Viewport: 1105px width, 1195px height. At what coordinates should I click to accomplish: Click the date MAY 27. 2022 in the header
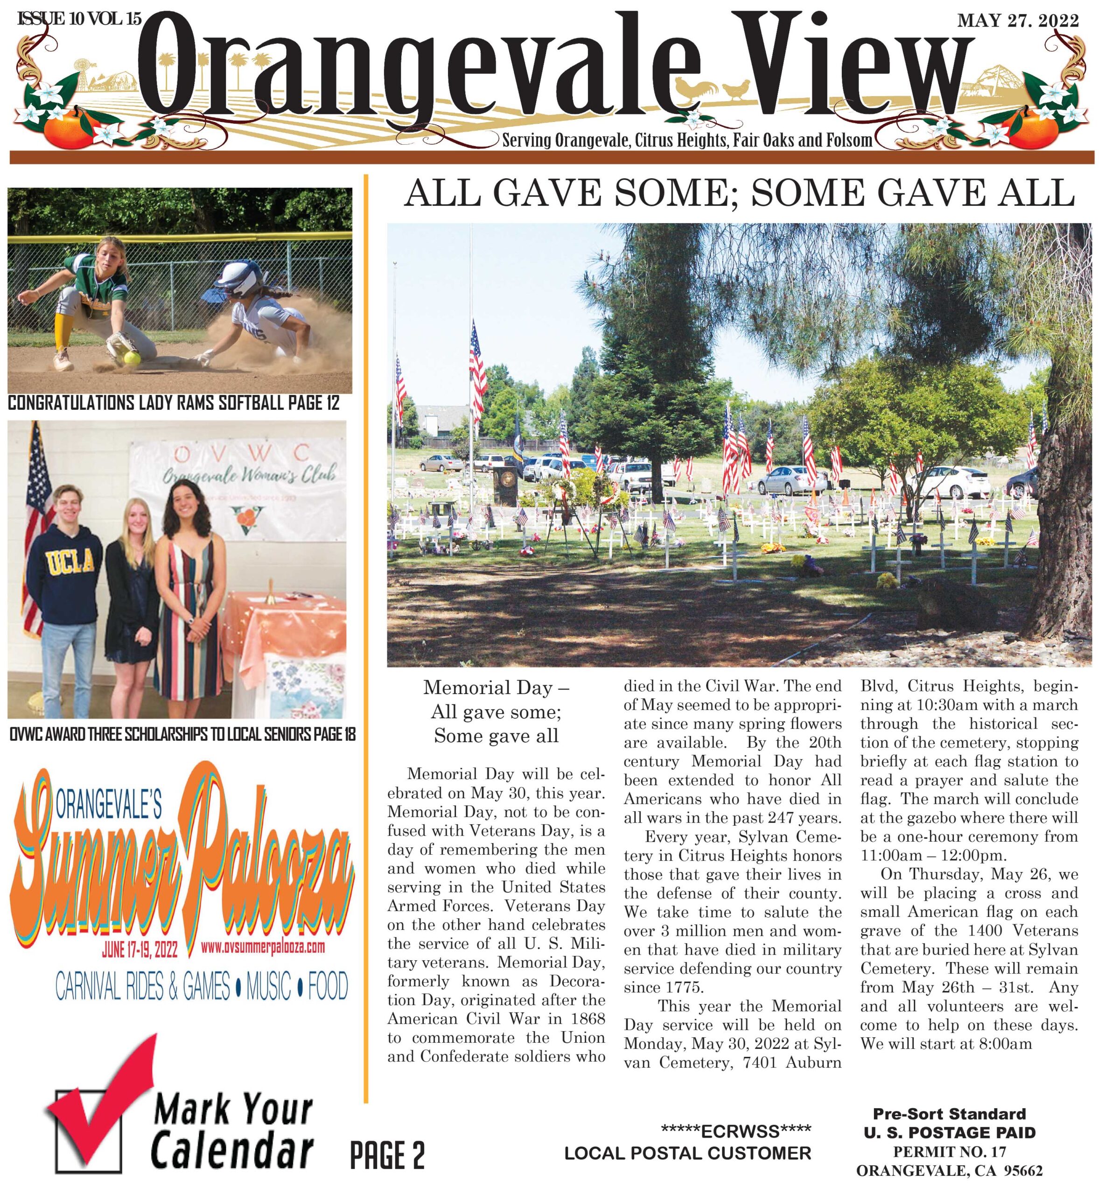(x=1018, y=21)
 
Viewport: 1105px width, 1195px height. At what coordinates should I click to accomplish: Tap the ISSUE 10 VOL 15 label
(x=79, y=19)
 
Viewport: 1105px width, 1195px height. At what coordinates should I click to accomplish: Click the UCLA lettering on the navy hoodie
(x=70, y=561)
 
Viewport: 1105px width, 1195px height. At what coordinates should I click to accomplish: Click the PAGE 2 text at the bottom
(x=387, y=1155)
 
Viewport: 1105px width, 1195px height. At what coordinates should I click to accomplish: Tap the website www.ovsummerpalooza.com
(x=263, y=947)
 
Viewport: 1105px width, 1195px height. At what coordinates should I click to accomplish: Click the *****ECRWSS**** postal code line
(x=735, y=1131)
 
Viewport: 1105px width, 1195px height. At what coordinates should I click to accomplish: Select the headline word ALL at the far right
(x=1042, y=193)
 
